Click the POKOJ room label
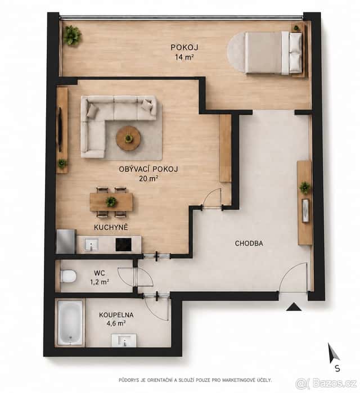pos(184,47)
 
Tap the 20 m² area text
pos(148,178)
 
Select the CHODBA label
pos(249,243)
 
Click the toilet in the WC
pos(68,276)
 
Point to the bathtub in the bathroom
pos(70,323)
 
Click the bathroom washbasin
pos(124,340)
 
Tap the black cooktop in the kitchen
pos(123,245)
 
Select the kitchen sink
pos(91,245)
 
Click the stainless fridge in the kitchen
pos(66,241)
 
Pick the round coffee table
pos(128,138)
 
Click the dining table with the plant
pos(111,202)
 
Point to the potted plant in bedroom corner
pos(72,35)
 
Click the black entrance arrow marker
pos(294,307)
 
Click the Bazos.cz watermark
pos(326,383)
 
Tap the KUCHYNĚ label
pos(111,227)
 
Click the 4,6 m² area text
pos(116,324)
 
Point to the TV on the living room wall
pos(60,130)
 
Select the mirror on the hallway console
pos(305,210)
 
